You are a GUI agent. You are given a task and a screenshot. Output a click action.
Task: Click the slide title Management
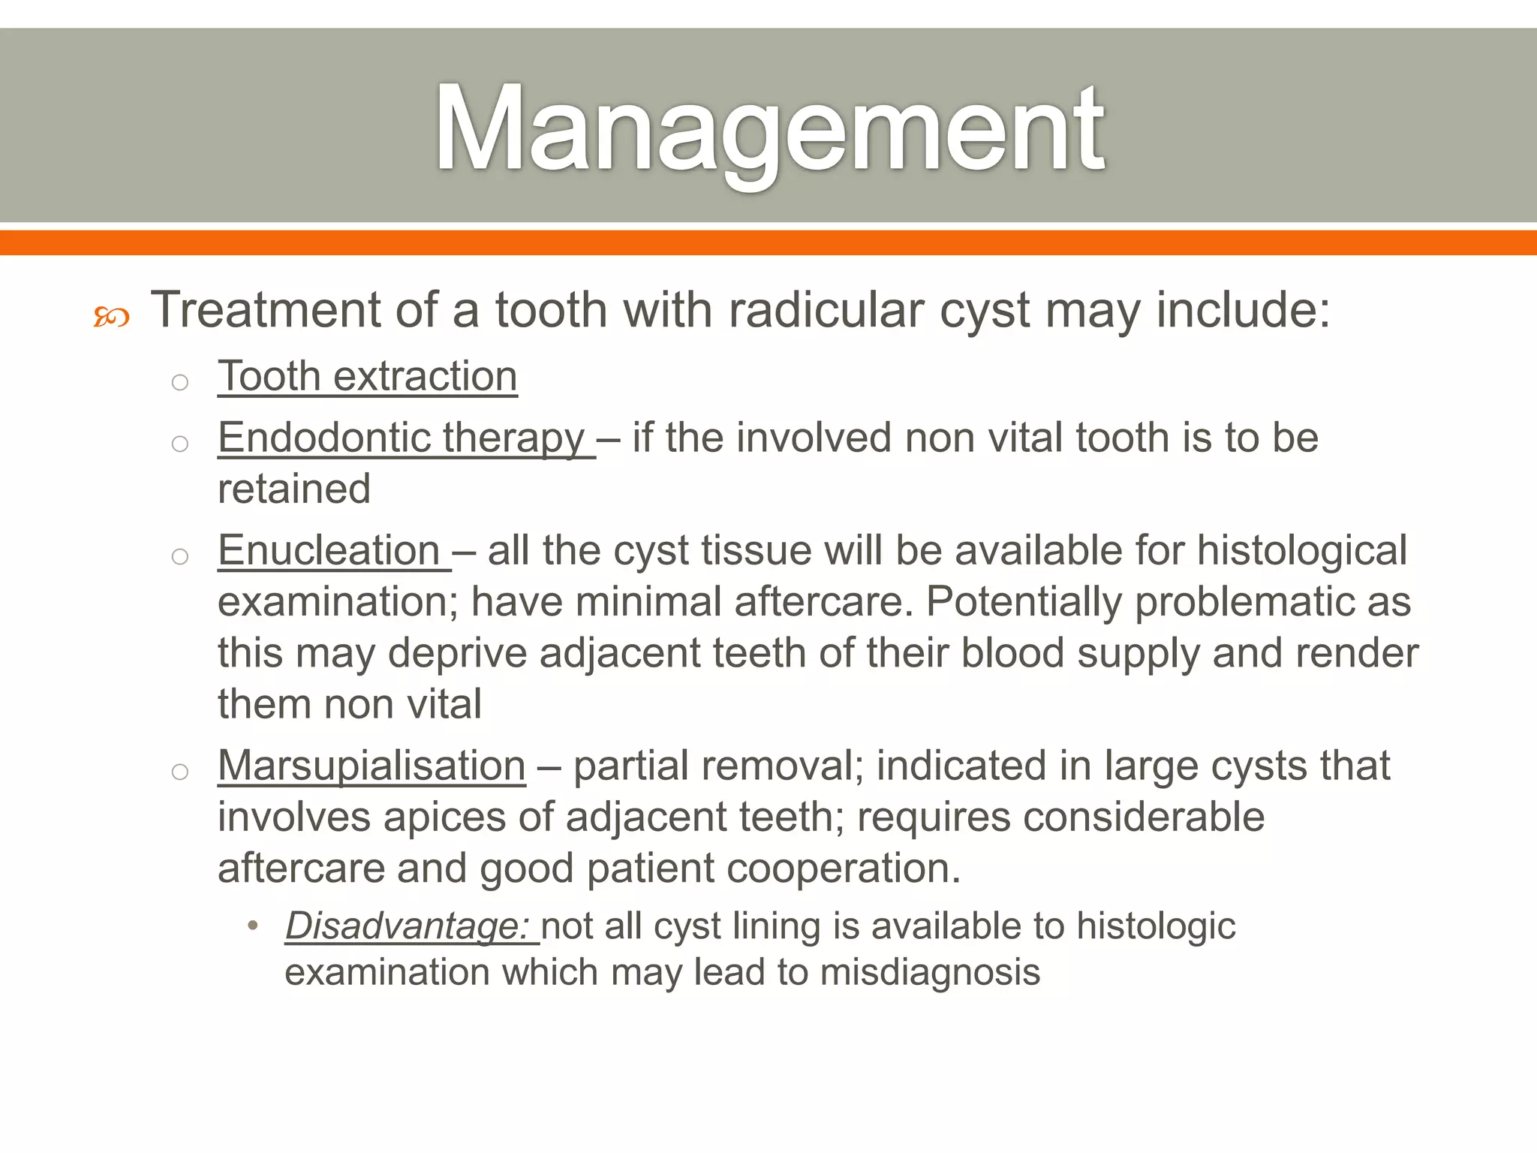click(x=768, y=129)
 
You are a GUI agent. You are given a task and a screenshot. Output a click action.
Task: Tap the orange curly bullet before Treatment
click(x=111, y=317)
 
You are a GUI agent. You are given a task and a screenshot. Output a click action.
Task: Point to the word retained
click(x=294, y=489)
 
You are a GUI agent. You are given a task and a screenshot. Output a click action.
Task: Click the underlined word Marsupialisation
click(x=371, y=766)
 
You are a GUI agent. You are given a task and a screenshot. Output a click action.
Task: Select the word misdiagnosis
click(x=930, y=972)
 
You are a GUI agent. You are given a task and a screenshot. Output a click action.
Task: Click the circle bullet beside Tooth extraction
click(x=179, y=382)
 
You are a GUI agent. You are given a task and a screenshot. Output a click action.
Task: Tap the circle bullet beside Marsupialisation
click(x=179, y=772)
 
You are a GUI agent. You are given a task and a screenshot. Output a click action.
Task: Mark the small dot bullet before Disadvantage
click(x=253, y=926)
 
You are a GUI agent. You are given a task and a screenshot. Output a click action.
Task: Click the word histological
click(x=1301, y=550)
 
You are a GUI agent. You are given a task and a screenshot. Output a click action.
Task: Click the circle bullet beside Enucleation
click(x=179, y=556)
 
